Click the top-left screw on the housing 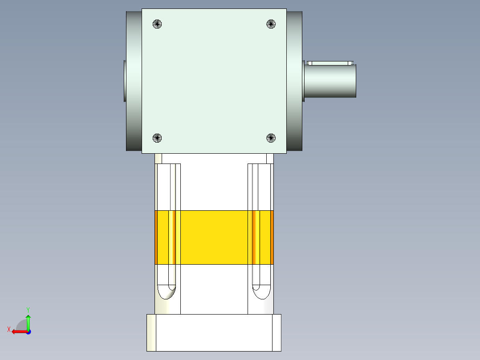click(157, 24)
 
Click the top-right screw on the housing click(271, 24)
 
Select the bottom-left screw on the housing click(157, 138)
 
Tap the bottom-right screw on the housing click(271, 138)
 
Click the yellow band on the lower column click(214, 237)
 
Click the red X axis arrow click(18, 331)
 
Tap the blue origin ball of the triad click(28, 332)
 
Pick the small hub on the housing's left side click(124, 80)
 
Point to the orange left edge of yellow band click(156, 237)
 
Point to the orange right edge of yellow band click(272, 237)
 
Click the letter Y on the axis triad click(28, 309)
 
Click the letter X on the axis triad click(8, 329)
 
